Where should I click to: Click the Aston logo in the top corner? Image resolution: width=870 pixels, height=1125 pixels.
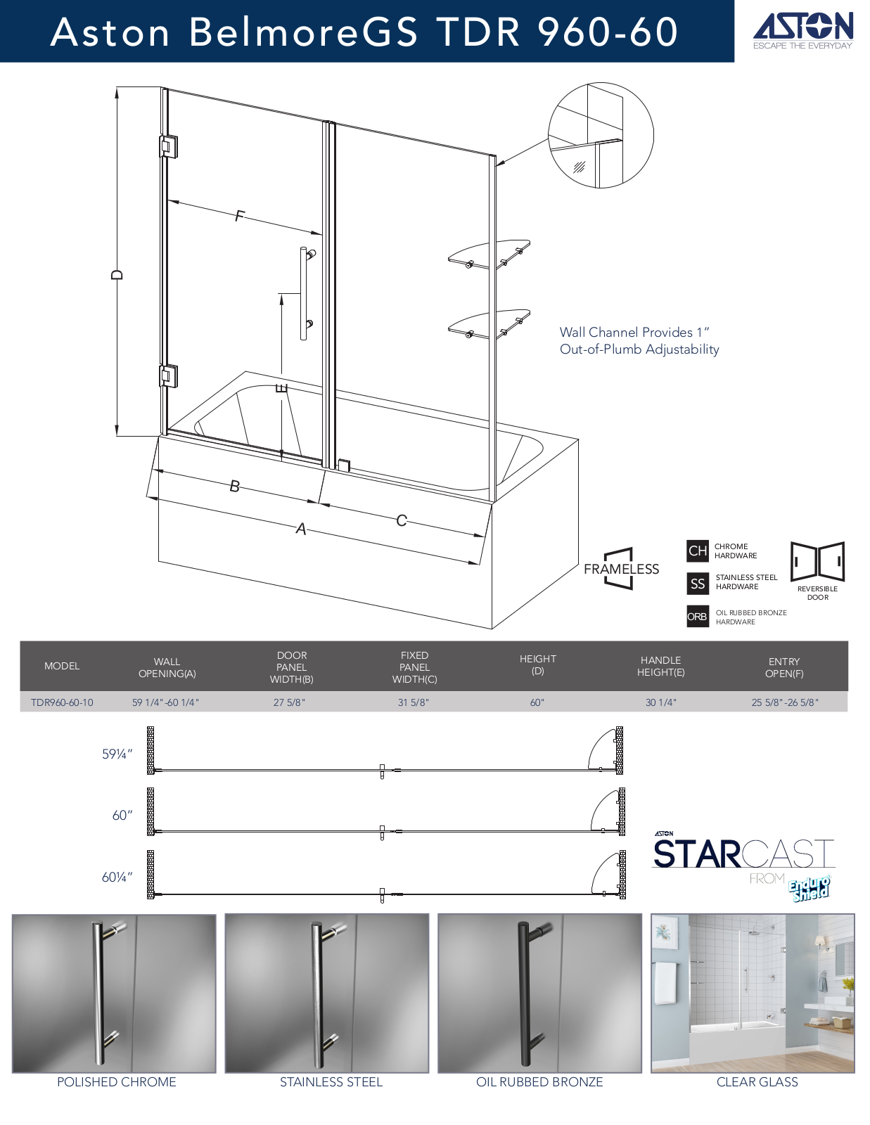coord(802,30)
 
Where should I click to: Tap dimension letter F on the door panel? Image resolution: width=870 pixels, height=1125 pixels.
coord(238,215)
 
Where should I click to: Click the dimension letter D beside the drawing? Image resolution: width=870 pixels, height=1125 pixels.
coord(117,274)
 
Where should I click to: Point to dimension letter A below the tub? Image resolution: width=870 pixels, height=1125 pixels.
coord(301,529)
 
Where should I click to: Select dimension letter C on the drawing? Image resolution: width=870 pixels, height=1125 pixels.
coord(402,520)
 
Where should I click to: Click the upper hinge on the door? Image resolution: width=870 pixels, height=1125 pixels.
coord(168,146)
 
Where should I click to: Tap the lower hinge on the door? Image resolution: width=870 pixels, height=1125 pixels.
coord(168,376)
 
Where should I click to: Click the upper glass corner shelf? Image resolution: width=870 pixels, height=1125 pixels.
coord(489,255)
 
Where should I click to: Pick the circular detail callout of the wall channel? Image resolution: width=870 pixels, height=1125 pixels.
coord(601,135)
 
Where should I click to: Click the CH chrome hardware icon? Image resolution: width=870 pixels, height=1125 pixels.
coord(698,551)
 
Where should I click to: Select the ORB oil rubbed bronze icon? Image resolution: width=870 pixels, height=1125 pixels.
coord(698,616)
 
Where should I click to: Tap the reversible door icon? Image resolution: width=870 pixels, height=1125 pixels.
coord(818,562)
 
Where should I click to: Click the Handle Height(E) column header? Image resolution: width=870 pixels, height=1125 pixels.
coord(661,666)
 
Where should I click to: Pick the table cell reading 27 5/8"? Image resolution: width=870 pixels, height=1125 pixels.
coord(290,702)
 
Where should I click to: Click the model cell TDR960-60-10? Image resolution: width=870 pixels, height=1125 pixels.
coord(62,702)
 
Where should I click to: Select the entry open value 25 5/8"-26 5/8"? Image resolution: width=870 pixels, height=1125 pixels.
coord(785,702)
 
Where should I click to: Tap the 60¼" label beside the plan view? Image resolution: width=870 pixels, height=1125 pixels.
coord(117,877)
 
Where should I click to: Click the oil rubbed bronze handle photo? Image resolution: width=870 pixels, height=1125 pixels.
coord(539,993)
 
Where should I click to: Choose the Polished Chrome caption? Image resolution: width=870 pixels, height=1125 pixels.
coord(117,1082)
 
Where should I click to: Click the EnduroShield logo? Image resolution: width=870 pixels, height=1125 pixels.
coord(810,889)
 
